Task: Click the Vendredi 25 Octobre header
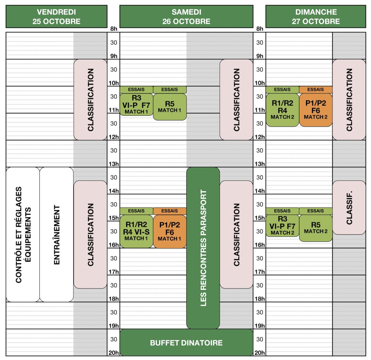[56, 16]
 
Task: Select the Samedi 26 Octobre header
[186, 16]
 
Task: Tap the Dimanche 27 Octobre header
[316, 16]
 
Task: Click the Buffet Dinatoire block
[186, 343]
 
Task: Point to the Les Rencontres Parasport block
[203, 248]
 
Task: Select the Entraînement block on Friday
[57, 235]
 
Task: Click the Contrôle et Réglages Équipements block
[23, 235]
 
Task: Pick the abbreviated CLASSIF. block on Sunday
[349, 208]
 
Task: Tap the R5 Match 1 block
[170, 107]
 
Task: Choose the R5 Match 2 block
[316, 228]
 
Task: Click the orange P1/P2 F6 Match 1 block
[170, 232]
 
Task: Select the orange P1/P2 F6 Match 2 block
[316, 110]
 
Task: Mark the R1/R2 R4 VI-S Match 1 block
[136, 231]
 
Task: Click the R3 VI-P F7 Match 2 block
[282, 226]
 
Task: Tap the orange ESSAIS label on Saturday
[170, 211]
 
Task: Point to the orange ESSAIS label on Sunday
[316, 89]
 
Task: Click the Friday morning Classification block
[91, 100]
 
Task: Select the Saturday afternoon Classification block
[236, 235]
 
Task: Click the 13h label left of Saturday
[114, 164]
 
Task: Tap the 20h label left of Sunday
[260, 353]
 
